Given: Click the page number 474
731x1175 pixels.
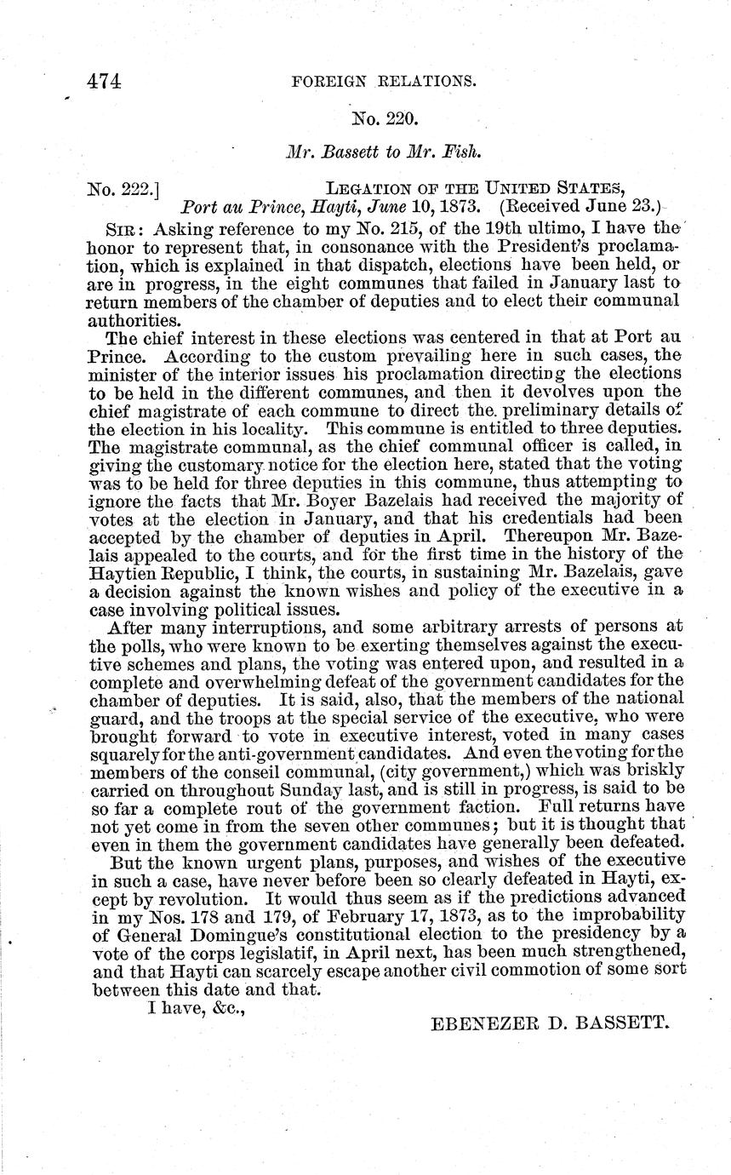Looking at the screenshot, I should pos(104,81).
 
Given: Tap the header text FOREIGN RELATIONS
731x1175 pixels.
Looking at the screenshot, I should pos(382,82).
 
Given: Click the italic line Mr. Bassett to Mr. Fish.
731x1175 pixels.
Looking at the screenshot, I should pos(379,152).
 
